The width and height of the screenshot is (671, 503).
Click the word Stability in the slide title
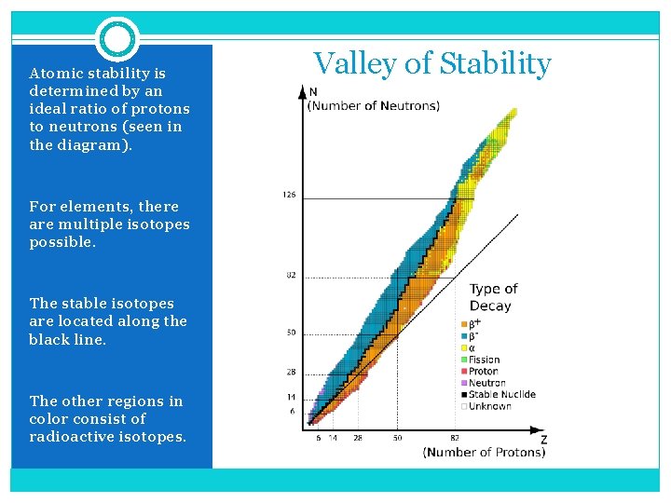point(495,64)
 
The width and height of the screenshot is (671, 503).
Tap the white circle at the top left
point(117,39)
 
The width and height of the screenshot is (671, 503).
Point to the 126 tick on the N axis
point(289,195)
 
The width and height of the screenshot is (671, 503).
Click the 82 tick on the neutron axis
point(291,276)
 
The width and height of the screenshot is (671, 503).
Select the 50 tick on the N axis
point(291,333)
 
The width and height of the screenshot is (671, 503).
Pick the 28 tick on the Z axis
point(357,436)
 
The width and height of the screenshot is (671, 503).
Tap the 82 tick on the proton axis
point(456,436)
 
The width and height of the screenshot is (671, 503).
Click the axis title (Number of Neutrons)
point(373,105)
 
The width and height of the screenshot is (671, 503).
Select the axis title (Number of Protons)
point(484,452)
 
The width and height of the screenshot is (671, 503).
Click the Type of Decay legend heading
point(493,297)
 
